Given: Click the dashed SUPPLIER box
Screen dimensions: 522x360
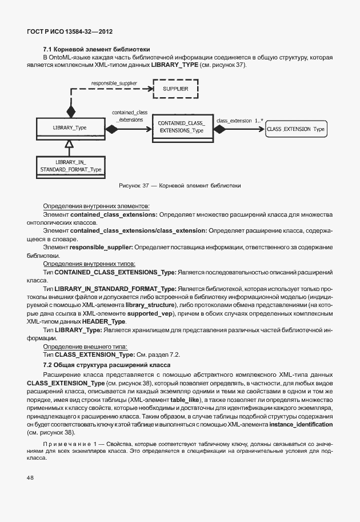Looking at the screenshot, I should tap(175, 89).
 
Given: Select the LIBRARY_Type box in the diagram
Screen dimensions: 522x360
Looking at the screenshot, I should tap(70, 127).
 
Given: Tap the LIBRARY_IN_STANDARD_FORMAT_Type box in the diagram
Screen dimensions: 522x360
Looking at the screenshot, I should tap(70, 166).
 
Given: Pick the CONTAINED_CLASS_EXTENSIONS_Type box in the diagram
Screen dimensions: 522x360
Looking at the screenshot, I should tap(181, 127).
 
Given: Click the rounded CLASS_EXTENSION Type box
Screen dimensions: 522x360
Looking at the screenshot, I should tap(295, 129).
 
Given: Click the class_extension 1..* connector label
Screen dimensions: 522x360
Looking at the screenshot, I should tap(239, 121).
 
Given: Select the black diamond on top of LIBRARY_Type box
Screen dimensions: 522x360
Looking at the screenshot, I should tap(71, 110).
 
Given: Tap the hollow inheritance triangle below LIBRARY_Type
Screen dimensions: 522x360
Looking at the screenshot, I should tap(70, 144).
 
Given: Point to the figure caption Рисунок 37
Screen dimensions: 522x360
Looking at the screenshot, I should tap(179, 185).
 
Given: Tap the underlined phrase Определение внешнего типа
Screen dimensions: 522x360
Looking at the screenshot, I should tap(85, 346).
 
